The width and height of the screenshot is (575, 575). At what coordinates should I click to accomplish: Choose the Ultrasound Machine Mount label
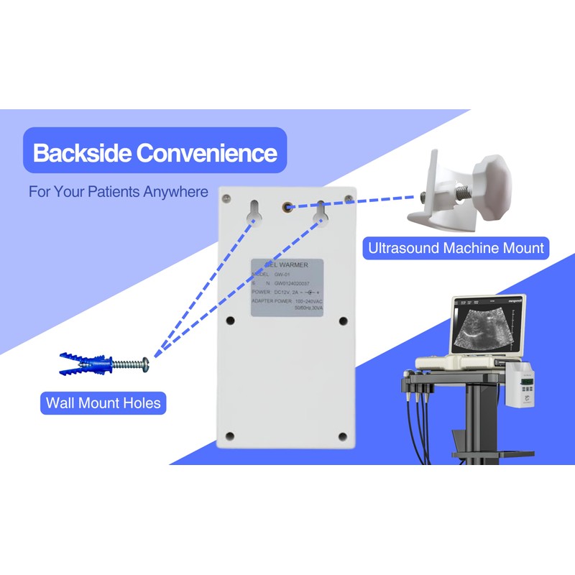point(456,249)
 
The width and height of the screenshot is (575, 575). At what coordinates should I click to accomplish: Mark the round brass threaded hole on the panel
point(287,207)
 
